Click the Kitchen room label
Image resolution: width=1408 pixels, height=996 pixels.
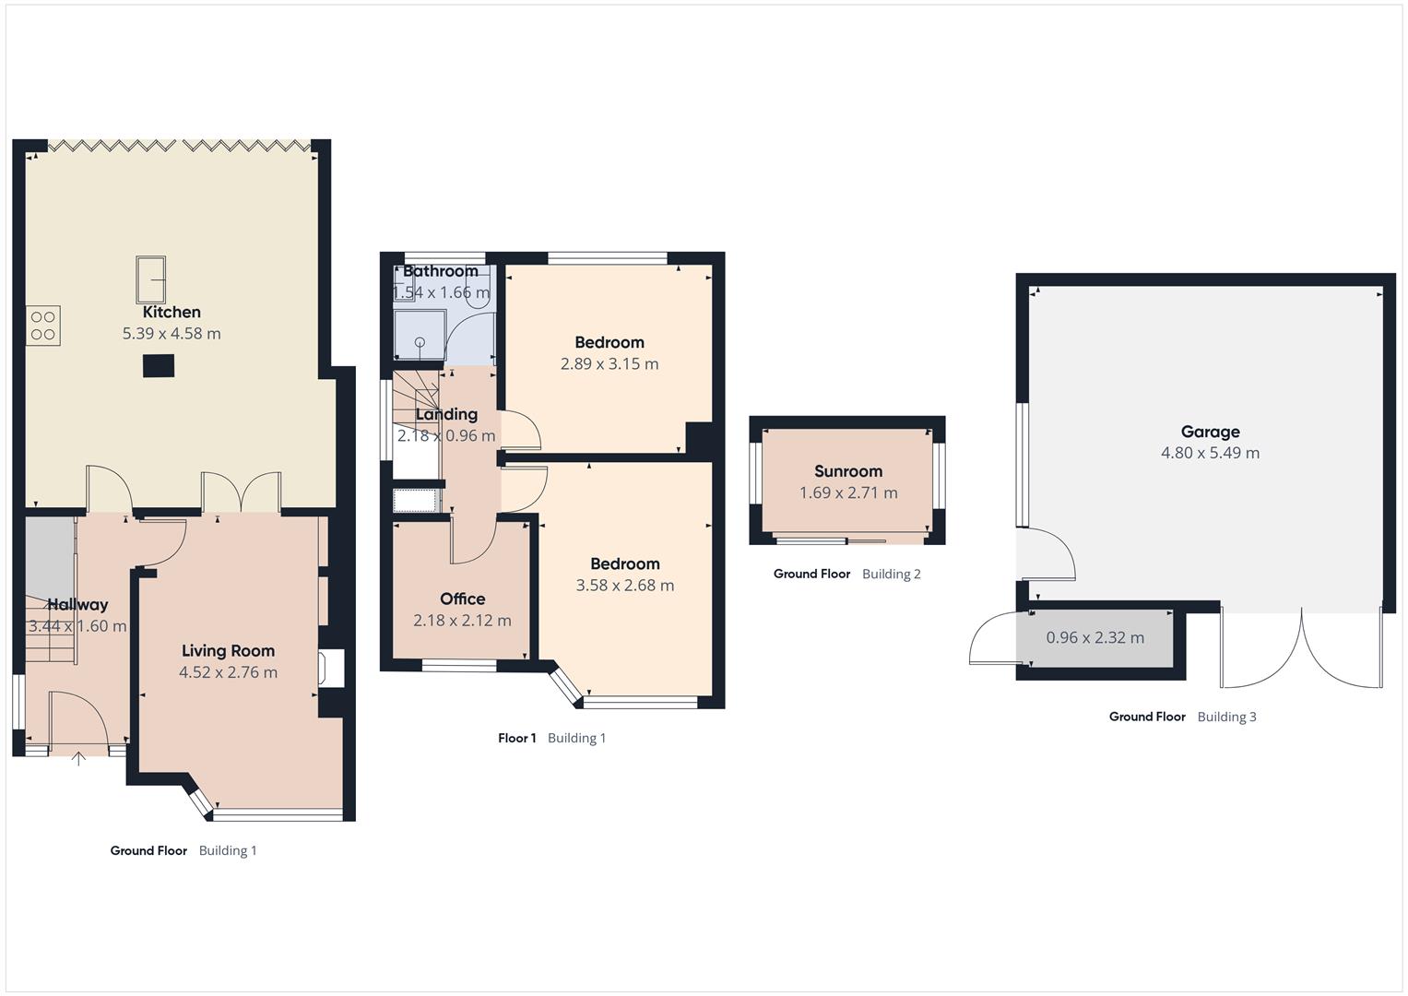(172, 312)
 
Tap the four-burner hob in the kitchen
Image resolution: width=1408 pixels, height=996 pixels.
(43, 326)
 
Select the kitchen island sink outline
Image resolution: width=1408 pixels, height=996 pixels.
(151, 279)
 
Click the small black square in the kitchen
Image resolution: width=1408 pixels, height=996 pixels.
(158, 366)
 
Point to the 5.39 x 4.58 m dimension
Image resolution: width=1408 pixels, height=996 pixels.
(172, 334)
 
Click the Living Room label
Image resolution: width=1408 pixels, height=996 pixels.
(228, 650)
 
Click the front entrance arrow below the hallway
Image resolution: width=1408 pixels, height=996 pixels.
(78, 759)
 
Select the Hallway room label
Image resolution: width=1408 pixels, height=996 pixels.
(77, 605)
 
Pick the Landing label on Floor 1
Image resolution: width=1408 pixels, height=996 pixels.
(446, 414)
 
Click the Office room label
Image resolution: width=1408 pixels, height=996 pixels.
(462, 599)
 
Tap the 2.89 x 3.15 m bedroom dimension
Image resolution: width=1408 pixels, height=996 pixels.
(609, 364)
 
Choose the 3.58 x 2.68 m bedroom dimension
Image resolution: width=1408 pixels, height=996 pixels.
(624, 586)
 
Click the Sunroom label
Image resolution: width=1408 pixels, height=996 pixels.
(847, 471)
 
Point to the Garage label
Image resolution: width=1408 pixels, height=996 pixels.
(1210, 432)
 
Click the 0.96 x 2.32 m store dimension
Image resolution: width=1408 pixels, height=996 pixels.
(1094, 638)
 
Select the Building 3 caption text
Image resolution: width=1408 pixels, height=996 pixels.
(1226, 717)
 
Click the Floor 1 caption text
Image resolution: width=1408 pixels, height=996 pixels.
(516, 738)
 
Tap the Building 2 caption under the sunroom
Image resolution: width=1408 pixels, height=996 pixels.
(891, 574)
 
